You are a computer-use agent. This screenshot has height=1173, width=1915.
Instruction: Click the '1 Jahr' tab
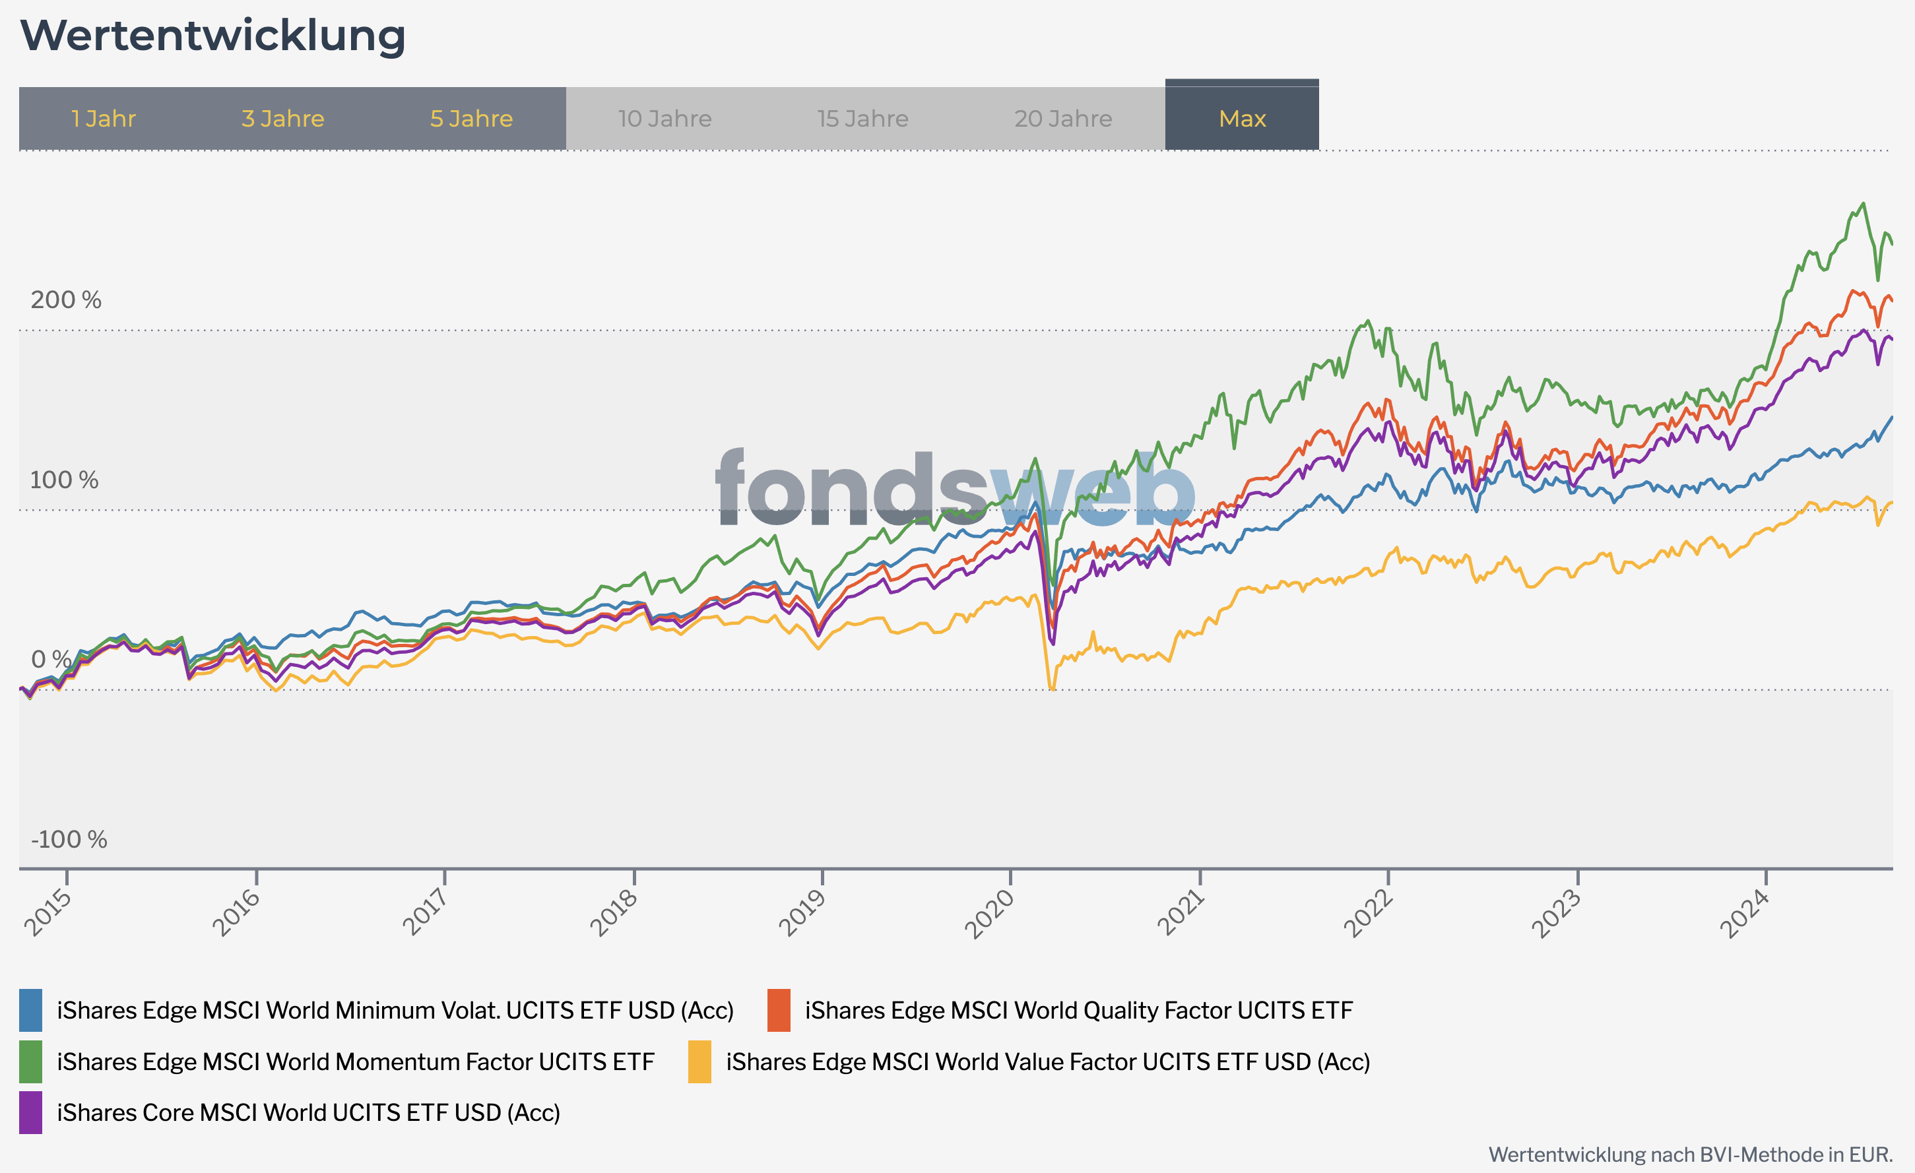[x=104, y=119]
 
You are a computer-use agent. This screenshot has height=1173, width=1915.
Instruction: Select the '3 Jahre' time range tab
[x=283, y=119]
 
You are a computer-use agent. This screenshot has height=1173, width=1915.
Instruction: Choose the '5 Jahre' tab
[x=471, y=119]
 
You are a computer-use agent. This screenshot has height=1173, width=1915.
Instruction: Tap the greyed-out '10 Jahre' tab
[x=665, y=119]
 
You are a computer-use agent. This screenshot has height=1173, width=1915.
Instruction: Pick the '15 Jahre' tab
[x=862, y=119]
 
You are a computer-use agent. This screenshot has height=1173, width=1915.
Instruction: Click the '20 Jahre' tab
[x=1063, y=119]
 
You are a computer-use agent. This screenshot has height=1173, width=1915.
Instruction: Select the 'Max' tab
[x=1242, y=119]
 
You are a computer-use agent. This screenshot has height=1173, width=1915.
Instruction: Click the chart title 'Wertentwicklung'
[x=212, y=36]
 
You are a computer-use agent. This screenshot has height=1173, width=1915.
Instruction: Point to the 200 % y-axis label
[x=66, y=300]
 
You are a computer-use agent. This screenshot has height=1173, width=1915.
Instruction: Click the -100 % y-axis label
[x=69, y=840]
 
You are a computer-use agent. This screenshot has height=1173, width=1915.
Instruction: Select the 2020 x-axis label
[x=989, y=913]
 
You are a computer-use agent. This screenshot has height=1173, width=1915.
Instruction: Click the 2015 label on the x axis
[x=48, y=913]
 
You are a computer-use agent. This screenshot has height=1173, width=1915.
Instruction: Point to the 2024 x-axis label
[x=1744, y=913]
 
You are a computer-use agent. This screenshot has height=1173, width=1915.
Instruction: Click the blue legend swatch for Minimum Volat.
[x=30, y=1010]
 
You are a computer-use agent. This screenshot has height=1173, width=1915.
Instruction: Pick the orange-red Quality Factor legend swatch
[x=779, y=1010]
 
